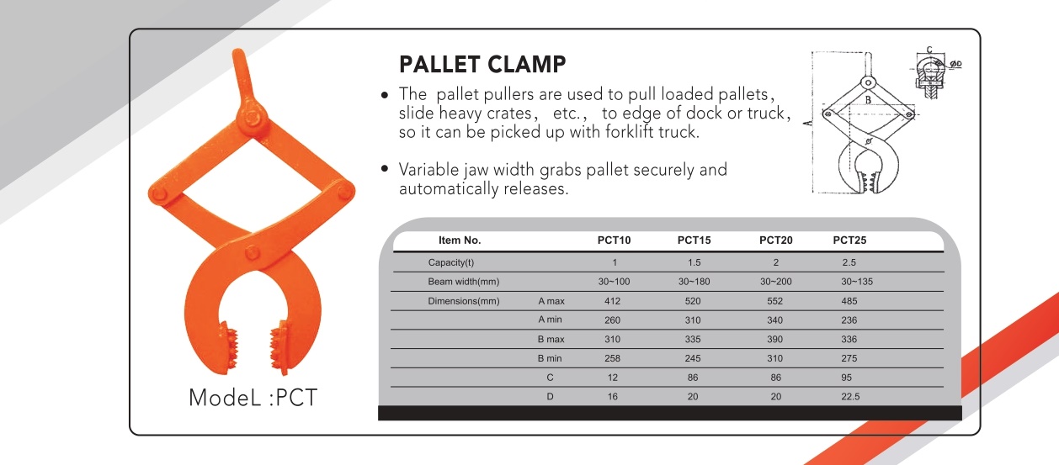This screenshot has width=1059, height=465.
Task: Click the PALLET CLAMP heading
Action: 482,64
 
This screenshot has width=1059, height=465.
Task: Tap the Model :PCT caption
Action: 253,398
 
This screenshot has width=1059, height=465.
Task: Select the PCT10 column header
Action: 614,240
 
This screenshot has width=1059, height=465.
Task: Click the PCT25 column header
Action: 849,240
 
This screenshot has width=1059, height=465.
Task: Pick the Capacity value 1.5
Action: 694,262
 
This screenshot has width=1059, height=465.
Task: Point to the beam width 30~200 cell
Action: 776,282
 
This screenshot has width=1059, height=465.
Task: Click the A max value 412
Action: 612,301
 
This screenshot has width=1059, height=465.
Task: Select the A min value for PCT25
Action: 849,320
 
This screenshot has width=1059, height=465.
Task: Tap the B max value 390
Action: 774,340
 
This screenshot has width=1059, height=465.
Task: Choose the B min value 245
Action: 693,358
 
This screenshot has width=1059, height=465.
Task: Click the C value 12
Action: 613,378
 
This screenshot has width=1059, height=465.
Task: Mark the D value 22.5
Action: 850,397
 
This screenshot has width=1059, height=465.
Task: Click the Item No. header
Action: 460,240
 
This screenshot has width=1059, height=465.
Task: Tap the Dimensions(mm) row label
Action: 463,301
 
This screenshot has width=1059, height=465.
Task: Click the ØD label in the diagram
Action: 955,63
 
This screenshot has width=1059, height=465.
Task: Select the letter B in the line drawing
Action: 868,99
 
